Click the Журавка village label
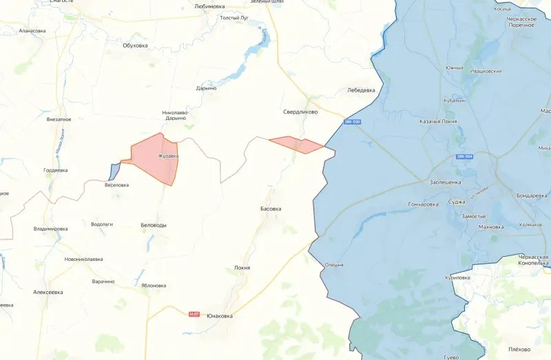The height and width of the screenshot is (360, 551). pos(168,156)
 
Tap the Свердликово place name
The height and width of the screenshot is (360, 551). pos(300,111)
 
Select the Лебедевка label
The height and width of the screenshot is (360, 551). pos(361,90)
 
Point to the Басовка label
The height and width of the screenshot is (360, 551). pos(271,209)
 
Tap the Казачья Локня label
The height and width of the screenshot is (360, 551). pos(438,121)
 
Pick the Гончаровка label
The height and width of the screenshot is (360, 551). pos(424,204)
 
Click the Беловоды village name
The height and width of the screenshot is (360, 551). pos(153,225)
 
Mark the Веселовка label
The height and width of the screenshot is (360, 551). pos(116,185)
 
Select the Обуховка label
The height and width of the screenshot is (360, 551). pos(135,45)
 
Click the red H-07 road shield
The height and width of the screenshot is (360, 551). pos(194,314)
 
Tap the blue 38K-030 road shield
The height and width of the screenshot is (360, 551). pos(352,122)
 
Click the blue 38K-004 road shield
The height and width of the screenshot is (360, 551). pos(464,157)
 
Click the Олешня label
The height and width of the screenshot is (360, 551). pos(334,265)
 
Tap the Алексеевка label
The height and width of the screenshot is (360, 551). pos(48,292)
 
